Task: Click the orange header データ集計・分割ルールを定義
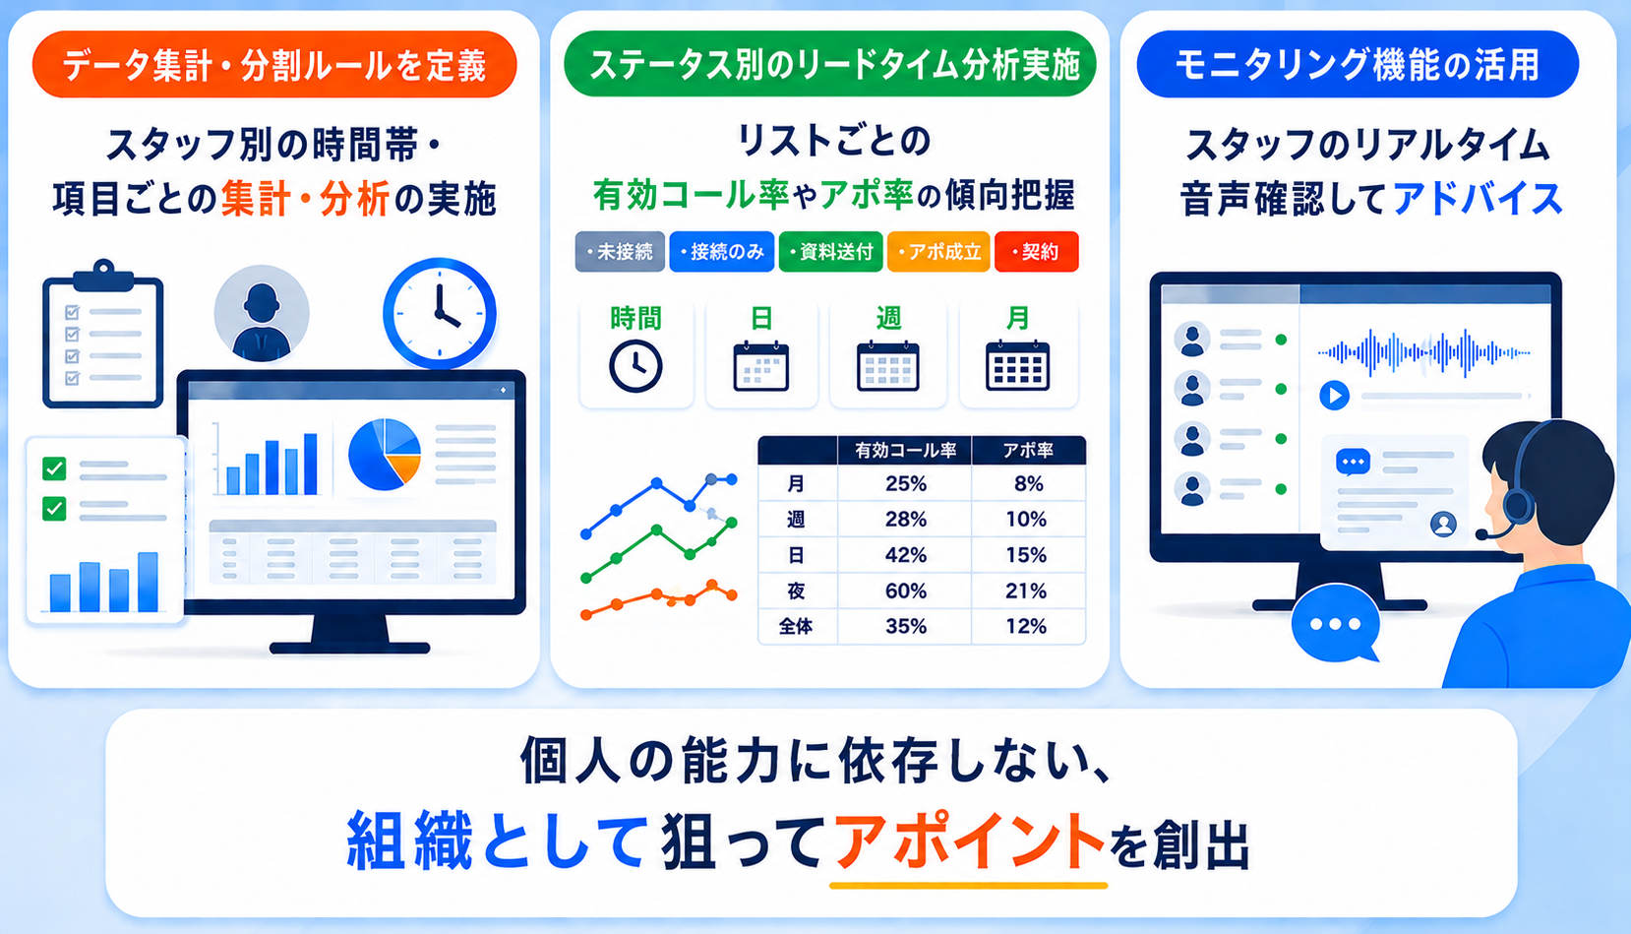click(274, 65)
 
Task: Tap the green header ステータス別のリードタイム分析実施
click(830, 64)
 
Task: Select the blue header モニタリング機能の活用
click(1358, 64)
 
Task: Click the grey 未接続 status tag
click(620, 252)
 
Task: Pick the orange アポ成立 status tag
click(938, 252)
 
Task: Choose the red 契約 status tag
click(1036, 252)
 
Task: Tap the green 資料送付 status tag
click(831, 252)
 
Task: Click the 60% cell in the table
click(905, 591)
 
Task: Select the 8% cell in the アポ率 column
click(1028, 484)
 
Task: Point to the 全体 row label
click(796, 627)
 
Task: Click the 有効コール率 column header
click(905, 450)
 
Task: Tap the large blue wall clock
click(439, 313)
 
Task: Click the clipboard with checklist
click(102, 334)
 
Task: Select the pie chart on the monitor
click(385, 454)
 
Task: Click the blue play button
click(1334, 396)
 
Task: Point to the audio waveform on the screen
click(1423, 352)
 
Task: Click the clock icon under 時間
click(635, 366)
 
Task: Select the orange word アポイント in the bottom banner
click(969, 841)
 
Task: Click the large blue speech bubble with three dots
click(1335, 624)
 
